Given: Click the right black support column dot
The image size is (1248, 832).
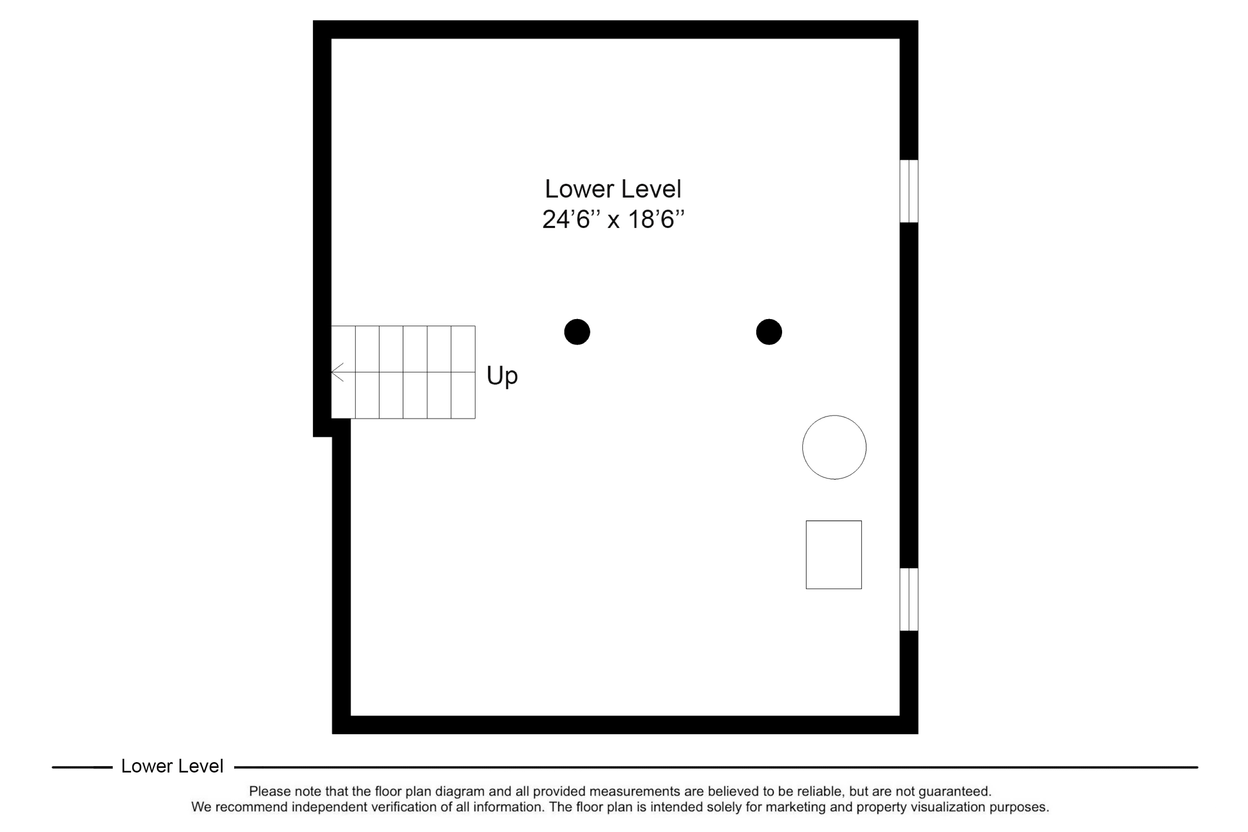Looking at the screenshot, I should coord(769,332).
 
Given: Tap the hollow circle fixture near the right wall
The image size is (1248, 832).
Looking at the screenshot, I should coord(834,447).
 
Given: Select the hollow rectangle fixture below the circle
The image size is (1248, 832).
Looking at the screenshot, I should coord(834,555).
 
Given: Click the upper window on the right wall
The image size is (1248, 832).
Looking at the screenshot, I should coord(909,191).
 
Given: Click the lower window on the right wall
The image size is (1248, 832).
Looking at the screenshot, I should coord(909,599).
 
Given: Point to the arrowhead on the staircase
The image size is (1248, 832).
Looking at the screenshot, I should coord(337,372).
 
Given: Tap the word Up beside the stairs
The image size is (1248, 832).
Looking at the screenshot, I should coord(502,376).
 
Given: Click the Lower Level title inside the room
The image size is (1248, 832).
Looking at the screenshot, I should coord(613,189).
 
